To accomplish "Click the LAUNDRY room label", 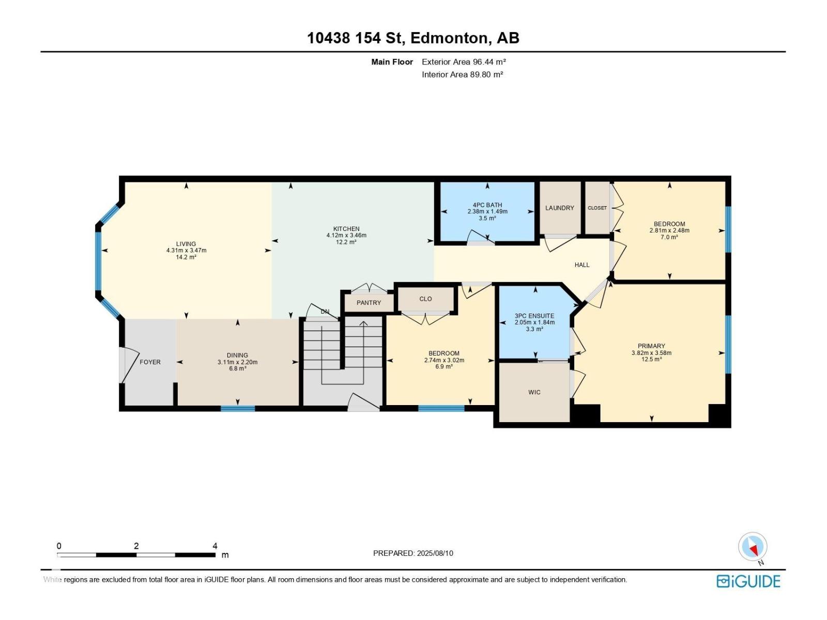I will point(559,208).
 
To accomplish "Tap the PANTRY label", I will point(369,303).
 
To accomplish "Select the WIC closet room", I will point(534,392).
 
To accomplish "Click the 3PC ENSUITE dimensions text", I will point(534,322).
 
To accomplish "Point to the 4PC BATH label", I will point(487,205).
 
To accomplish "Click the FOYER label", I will point(150,362).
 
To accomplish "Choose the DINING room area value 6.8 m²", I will point(237,368).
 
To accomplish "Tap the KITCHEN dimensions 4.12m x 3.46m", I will point(346,235).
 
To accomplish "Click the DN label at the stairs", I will point(325,312).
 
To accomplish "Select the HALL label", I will point(582,265).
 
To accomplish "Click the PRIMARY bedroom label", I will point(651,346).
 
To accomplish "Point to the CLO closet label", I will point(425,299).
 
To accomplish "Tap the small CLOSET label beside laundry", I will point(597,208).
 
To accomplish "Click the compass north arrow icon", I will point(753,547).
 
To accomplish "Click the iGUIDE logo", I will point(748,581).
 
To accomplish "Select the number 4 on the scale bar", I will point(215,546).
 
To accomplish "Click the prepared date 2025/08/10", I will point(435,553).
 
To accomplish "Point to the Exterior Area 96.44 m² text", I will point(464,61).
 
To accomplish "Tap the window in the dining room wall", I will point(238,409).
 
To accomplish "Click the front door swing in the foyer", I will point(127,365).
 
